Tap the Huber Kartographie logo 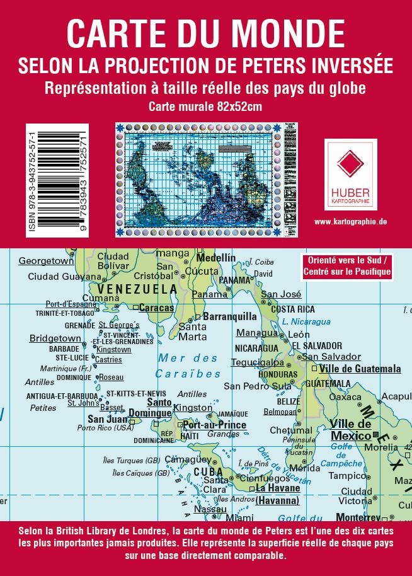(350, 174)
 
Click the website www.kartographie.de (350, 222)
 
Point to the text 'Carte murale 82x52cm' (205, 107)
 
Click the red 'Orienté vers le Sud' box (347, 267)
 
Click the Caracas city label (156, 308)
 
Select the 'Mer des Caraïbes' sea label (189, 366)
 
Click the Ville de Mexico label (351, 430)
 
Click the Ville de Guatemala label (360, 369)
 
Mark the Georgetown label (46, 261)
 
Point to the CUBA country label (208, 471)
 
